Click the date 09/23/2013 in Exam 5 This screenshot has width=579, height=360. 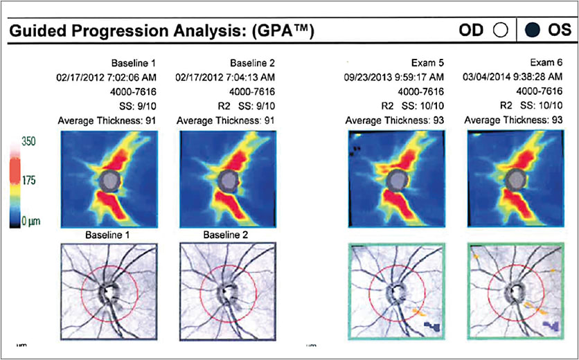369,77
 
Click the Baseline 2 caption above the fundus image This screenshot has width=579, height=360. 226,235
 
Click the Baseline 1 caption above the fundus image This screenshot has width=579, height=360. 109,235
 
